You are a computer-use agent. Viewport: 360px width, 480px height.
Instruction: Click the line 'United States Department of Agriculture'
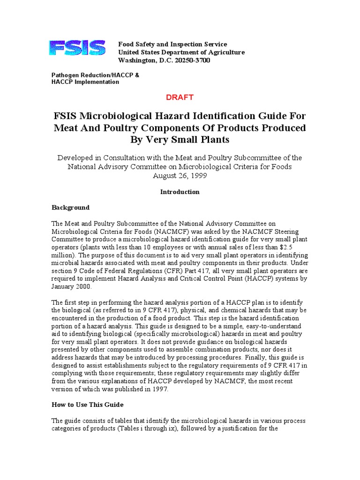point(181,52)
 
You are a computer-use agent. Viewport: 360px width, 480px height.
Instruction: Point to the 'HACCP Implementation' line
point(85,82)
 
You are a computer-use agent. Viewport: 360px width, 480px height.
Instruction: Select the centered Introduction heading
point(180,192)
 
